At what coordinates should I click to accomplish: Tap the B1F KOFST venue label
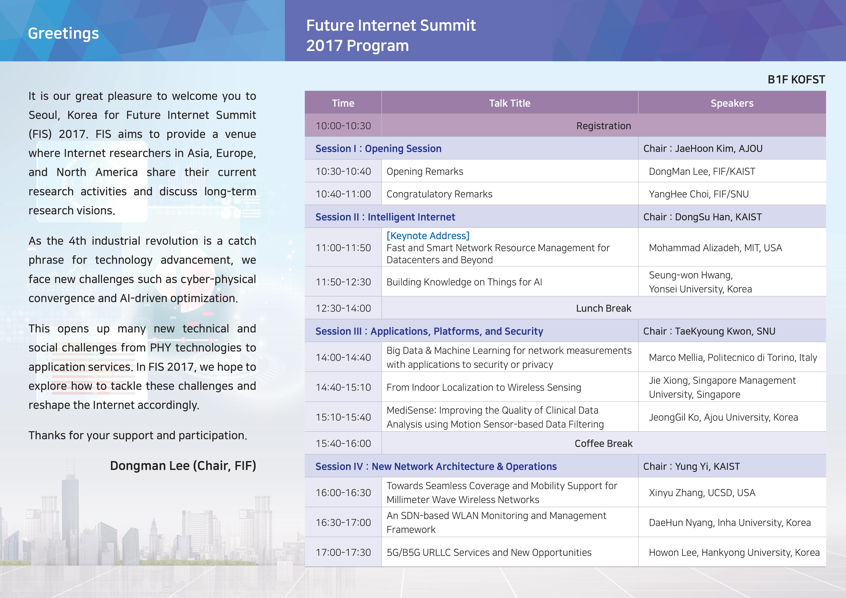(x=796, y=80)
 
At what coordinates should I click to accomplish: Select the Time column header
(x=343, y=103)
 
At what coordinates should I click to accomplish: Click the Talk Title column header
(x=510, y=103)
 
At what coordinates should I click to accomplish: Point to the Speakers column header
(x=732, y=103)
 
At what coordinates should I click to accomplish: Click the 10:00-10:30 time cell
(x=343, y=126)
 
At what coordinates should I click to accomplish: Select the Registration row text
(x=604, y=126)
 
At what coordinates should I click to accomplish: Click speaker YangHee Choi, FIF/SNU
(x=699, y=194)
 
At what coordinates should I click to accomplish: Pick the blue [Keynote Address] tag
(x=428, y=236)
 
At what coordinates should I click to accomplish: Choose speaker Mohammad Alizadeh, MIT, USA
(x=715, y=248)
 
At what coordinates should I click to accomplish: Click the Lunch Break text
(x=604, y=308)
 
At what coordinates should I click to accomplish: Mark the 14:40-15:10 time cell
(x=343, y=387)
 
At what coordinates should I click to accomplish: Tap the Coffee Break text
(x=604, y=443)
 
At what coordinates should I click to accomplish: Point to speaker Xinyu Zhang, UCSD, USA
(x=702, y=493)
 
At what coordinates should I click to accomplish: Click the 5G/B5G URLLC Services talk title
(x=489, y=552)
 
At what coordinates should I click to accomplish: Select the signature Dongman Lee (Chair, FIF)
(x=183, y=466)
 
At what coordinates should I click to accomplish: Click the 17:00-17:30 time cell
(x=343, y=552)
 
